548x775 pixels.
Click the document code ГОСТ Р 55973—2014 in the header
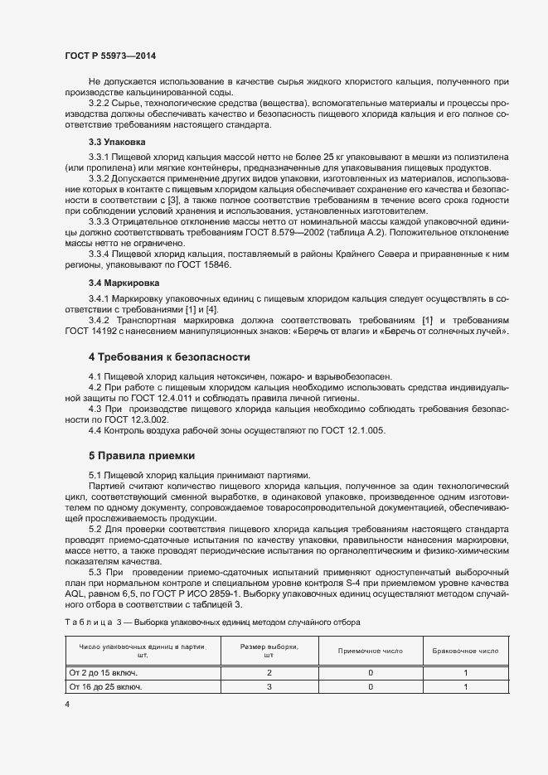(x=109, y=55)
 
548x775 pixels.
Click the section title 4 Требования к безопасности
(x=169, y=356)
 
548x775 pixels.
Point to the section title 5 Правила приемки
(x=141, y=455)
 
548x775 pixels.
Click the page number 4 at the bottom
(x=66, y=705)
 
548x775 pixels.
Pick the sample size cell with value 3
(x=269, y=687)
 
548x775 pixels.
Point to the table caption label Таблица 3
(x=89, y=622)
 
